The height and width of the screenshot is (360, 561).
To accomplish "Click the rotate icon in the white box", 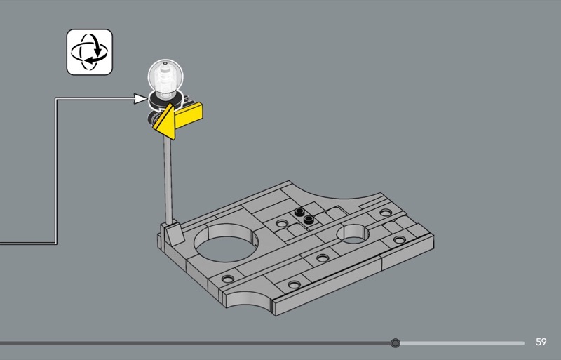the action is point(90,52).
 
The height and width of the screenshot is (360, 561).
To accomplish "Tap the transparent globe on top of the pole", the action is point(164,76).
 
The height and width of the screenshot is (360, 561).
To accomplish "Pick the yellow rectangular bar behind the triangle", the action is point(189,114).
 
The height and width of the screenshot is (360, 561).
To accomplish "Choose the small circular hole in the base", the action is point(355,234).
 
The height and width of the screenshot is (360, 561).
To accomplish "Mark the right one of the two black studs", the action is point(308,220).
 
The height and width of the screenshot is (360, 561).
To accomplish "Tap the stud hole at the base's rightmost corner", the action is point(400,240).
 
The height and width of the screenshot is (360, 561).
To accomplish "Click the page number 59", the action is point(541,342).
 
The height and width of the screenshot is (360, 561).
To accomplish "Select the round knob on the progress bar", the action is point(396,343).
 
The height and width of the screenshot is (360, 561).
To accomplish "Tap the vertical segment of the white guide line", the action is point(55,171).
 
